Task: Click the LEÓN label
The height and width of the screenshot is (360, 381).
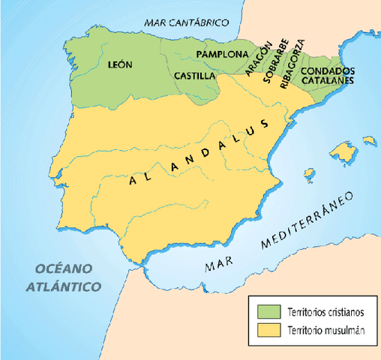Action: coord(120,65)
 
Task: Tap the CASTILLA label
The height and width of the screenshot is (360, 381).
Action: coord(194,76)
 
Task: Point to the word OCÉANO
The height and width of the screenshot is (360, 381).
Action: coord(57,268)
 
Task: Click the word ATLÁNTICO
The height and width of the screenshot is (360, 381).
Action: coord(63,286)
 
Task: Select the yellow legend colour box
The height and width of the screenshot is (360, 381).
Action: coord(267,330)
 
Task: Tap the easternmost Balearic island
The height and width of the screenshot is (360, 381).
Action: coord(367,139)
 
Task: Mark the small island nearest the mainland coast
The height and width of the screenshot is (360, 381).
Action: coord(307,172)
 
